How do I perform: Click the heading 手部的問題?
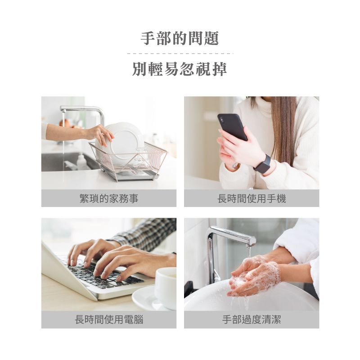tap(180, 38)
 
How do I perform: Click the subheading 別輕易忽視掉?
tap(180, 69)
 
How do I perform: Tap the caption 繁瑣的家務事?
tap(109, 198)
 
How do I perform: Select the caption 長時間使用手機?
tap(252, 198)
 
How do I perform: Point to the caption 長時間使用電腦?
tap(109, 319)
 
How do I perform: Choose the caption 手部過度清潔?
tap(252, 319)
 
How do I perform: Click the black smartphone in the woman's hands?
tap(232, 127)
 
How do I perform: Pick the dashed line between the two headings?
tap(180, 54)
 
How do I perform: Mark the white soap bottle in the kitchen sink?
tap(81, 162)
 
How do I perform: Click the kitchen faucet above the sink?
tap(83, 115)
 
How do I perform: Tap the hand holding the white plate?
tap(101, 134)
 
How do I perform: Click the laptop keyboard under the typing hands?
tap(101, 274)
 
